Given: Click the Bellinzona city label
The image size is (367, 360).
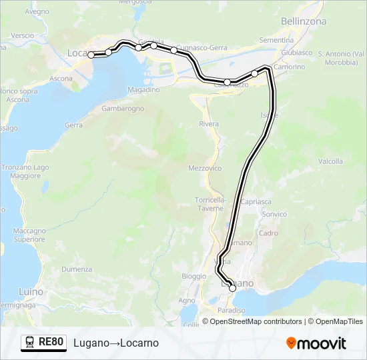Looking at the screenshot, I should tap(304, 21).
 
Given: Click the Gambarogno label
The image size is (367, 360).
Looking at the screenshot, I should tap(123, 108).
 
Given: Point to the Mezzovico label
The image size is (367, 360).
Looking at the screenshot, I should tap(205, 169).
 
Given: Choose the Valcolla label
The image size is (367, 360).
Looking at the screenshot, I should tap(330, 161).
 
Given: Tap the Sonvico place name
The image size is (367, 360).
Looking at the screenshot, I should tap(274, 214).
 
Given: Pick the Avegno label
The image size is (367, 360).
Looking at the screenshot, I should tap(37, 11).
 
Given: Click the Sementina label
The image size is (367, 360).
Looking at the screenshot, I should tap(277, 41).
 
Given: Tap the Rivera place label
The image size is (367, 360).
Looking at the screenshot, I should tap(209, 124).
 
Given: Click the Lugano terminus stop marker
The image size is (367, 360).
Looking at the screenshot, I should tap(232, 288).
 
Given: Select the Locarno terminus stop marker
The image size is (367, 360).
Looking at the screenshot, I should tap(92, 55).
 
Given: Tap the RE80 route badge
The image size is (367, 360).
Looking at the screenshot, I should tap(51, 343).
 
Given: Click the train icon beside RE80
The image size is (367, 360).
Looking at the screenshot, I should tap(30, 343).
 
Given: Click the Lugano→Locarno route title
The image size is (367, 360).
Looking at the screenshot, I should tap(115, 343).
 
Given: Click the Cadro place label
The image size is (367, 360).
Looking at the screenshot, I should tap(268, 233).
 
